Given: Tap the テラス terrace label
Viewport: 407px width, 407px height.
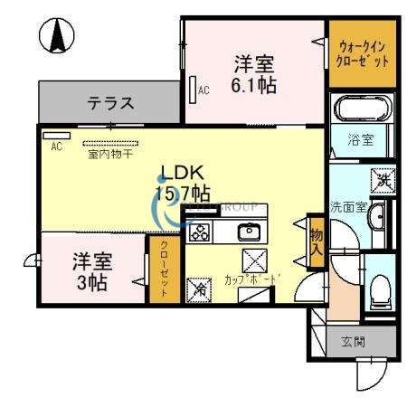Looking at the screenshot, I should click(x=111, y=103).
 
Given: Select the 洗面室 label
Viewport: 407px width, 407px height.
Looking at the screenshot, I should click(x=347, y=206).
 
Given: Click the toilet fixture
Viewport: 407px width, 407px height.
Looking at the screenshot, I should click(x=380, y=289).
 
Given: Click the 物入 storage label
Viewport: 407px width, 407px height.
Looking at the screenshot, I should click(x=316, y=241).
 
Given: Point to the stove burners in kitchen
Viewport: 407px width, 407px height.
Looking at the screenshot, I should click(x=200, y=232).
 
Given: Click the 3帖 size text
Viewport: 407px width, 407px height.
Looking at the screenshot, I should click(x=91, y=283).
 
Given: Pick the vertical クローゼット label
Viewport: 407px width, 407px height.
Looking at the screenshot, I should click(x=164, y=269).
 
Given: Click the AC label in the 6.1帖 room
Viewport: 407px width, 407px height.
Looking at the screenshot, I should click(x=203, y=90).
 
